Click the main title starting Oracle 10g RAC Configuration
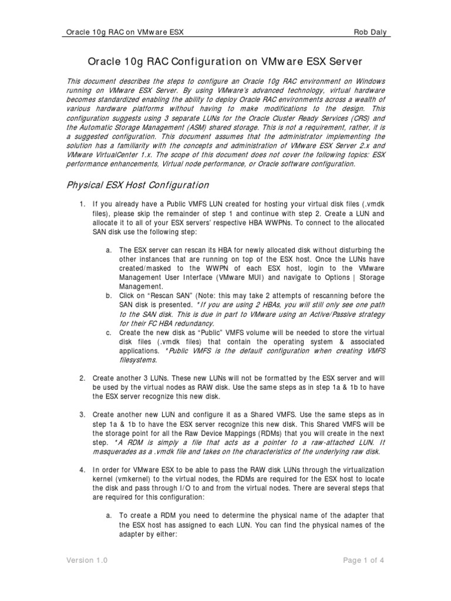click(225, 61)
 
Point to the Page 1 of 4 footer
click(364, 561)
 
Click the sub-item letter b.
click(109, 295)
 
